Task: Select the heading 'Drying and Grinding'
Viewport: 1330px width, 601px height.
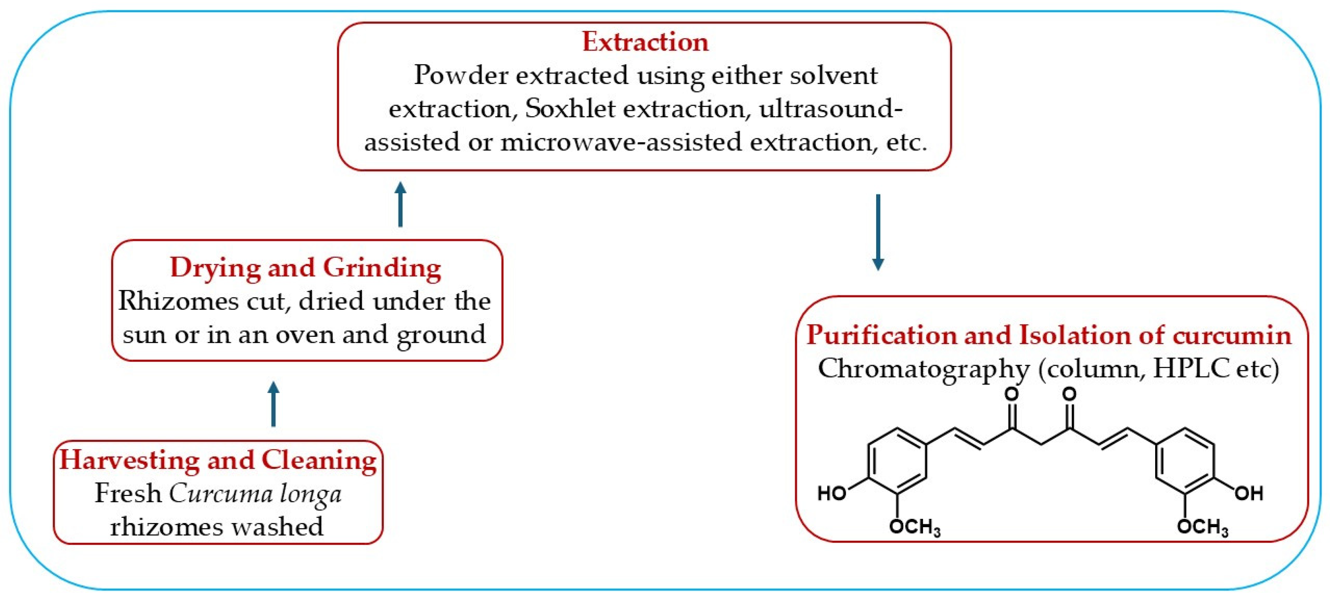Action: tap(305, 268)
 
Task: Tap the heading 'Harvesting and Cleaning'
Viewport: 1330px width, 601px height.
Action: tap(218, 460)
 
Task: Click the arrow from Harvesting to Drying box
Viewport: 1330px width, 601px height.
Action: tap(274, 404)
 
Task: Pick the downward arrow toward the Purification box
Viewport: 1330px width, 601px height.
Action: tap(878, 232)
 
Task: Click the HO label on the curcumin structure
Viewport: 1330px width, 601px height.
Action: tap(832, 494)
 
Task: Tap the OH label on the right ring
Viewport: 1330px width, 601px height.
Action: tap(1248, 494)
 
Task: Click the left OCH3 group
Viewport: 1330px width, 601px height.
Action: tap(914, 527)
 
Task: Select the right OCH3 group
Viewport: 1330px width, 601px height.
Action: tap(1202, 527)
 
